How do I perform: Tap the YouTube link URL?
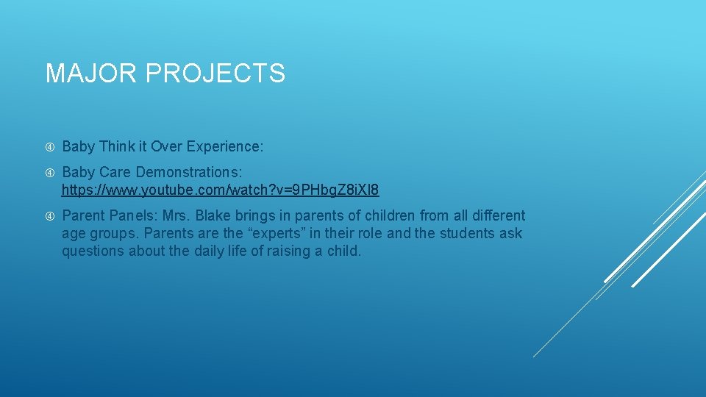click(220, 190)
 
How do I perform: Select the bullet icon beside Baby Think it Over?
click(50, 147)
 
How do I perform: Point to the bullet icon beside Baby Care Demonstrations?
click(50, 173)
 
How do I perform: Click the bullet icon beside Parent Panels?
click(50, 216)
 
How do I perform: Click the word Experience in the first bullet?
click(224, 147)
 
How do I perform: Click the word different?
click(499, 216)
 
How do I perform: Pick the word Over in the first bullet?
click(167, 147)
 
